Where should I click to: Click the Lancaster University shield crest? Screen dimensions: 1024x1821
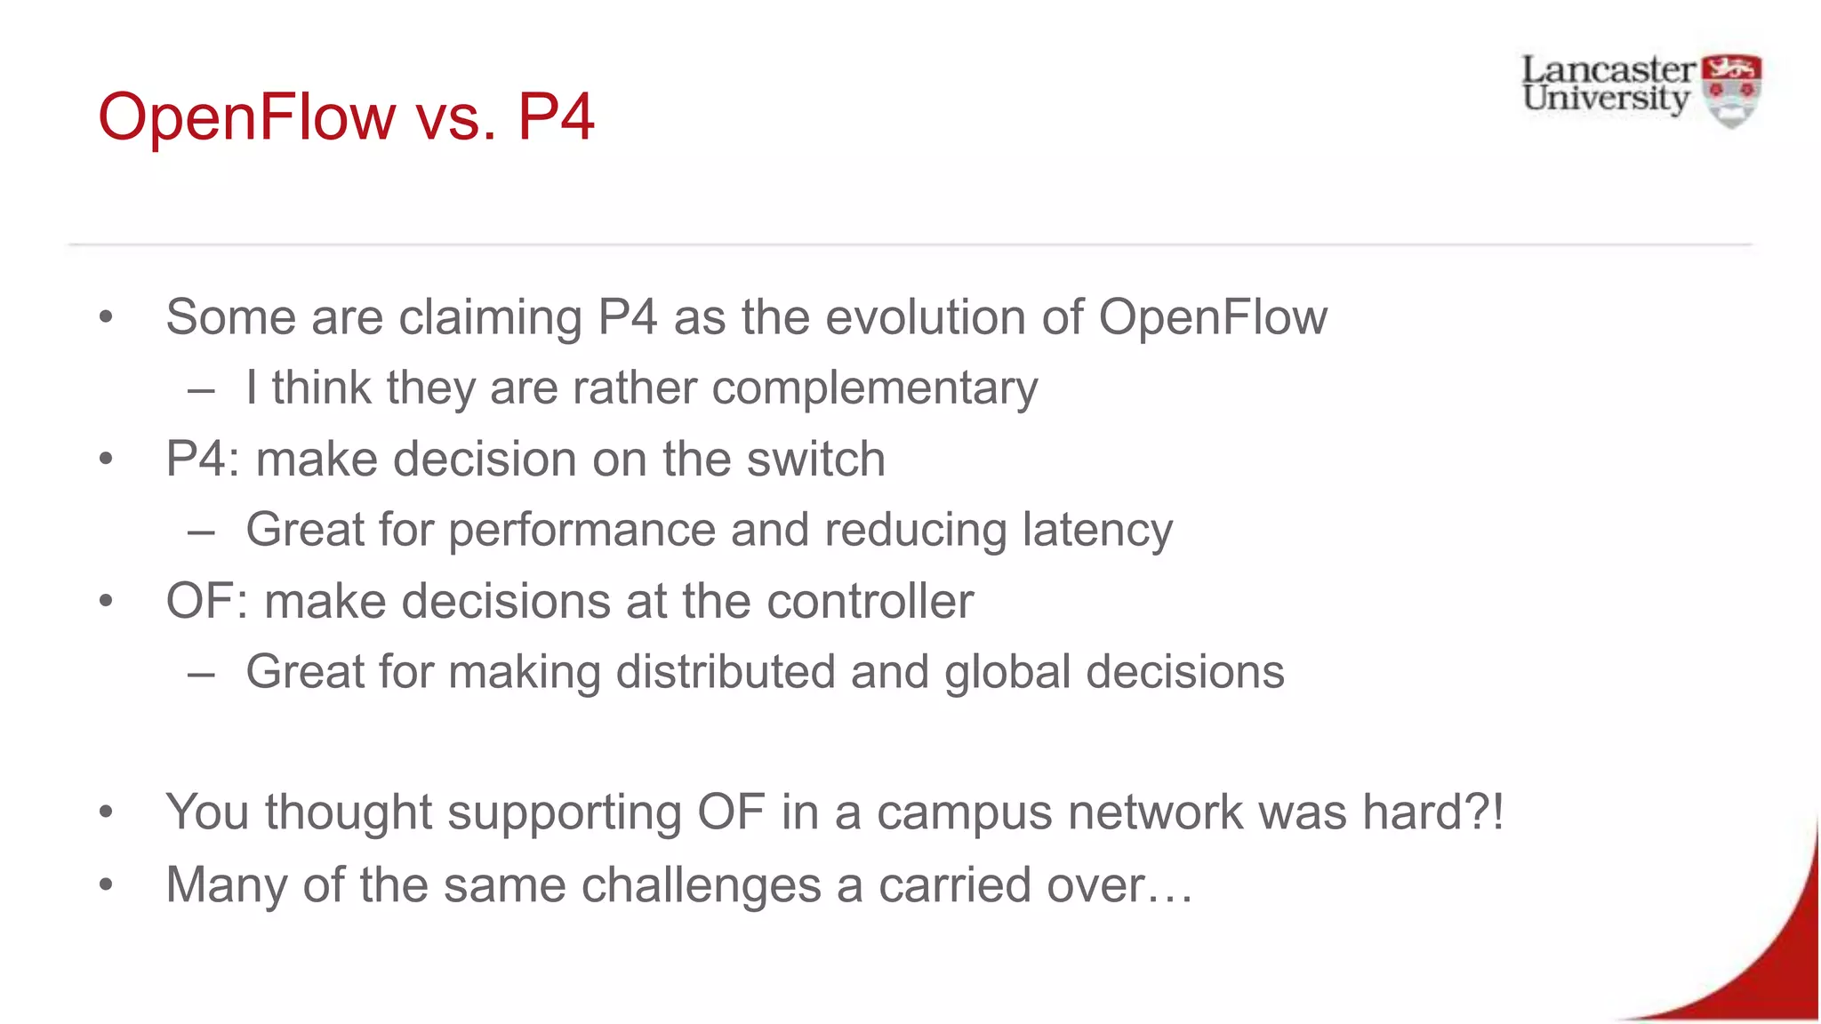pos(1730,91)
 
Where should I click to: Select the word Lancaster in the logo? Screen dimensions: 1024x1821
pos(1608,69)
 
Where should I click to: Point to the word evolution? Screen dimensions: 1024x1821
pos(925,317)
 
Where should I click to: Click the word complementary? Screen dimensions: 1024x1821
pos(874,388)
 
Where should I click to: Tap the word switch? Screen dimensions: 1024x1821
pos(815,460)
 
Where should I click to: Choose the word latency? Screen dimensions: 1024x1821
pos(1097,531)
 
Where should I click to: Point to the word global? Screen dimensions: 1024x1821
pos(1007,672)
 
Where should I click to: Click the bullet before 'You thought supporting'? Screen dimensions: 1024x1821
pos(107,812)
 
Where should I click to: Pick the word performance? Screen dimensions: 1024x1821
pos(582,531)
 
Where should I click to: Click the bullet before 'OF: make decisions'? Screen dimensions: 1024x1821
pos(107,602)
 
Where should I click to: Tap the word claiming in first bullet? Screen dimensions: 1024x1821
pos(490,317)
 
